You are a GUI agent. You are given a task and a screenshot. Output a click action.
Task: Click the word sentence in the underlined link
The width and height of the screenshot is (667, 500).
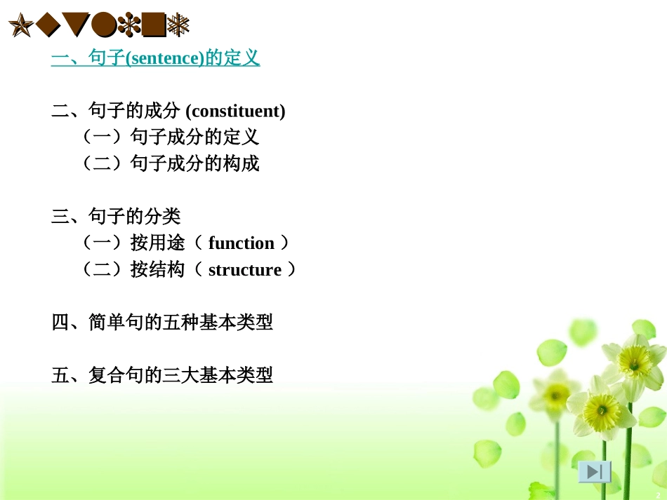(x=163, y=58)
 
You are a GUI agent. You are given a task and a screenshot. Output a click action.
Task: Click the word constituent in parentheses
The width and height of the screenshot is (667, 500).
(x=237, y=111)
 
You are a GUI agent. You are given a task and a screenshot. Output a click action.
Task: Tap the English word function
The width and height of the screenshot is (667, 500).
(x=242, y=243)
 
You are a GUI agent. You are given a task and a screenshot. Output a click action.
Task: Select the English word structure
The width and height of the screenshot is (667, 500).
(x=245, y=270)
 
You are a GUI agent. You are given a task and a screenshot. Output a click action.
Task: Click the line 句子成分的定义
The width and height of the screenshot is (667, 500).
(x=194, y=137)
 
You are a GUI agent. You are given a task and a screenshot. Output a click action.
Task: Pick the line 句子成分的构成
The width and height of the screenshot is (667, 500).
(x=194, y=163)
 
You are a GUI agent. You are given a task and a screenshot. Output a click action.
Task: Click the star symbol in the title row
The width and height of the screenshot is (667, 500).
(x=20, y=27)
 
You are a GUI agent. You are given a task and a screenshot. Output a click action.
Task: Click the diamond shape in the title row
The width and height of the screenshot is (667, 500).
(x=48, y=27)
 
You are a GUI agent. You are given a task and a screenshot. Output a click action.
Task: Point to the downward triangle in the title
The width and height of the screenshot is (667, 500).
(x=77, y=27)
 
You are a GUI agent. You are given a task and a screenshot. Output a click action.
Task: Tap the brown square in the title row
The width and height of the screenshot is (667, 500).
(x=154, y=27)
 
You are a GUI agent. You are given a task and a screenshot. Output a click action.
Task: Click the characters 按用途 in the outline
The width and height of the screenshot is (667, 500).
(x=158, y=243)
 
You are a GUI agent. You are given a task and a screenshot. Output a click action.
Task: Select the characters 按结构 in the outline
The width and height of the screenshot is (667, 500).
(x=158, y=270)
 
